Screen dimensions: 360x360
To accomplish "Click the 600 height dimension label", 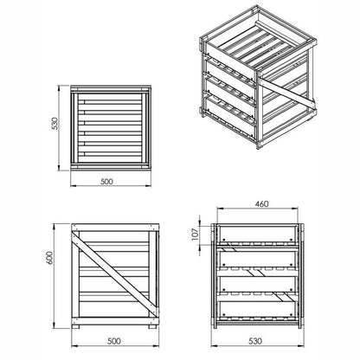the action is point(50,258).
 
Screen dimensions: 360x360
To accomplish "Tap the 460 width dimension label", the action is point(261,204).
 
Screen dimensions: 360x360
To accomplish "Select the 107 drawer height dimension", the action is point(196,235).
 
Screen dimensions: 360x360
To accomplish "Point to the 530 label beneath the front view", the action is point(255,341).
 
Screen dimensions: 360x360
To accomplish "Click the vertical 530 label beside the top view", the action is point(55,124).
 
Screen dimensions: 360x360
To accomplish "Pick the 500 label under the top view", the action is point(107,182).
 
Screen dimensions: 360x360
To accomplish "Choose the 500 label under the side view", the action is point(114,341).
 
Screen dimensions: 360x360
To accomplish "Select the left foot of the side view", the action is point(75,327).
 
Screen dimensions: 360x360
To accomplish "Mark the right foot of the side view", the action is point(152,327).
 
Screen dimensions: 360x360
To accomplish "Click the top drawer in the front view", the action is point(257,234).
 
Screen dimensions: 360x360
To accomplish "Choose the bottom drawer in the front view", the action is point(257,310).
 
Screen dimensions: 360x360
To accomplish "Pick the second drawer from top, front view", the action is point(257,259).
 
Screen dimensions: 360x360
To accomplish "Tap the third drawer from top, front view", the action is point(257,285).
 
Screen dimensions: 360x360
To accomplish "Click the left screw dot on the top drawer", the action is point(224,239).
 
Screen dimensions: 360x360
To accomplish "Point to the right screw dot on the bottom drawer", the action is point(292,315).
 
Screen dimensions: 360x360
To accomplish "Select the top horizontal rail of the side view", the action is point(115,228).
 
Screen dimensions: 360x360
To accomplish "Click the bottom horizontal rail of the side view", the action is point(115,321).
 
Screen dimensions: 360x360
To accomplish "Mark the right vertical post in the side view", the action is point(152,274).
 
